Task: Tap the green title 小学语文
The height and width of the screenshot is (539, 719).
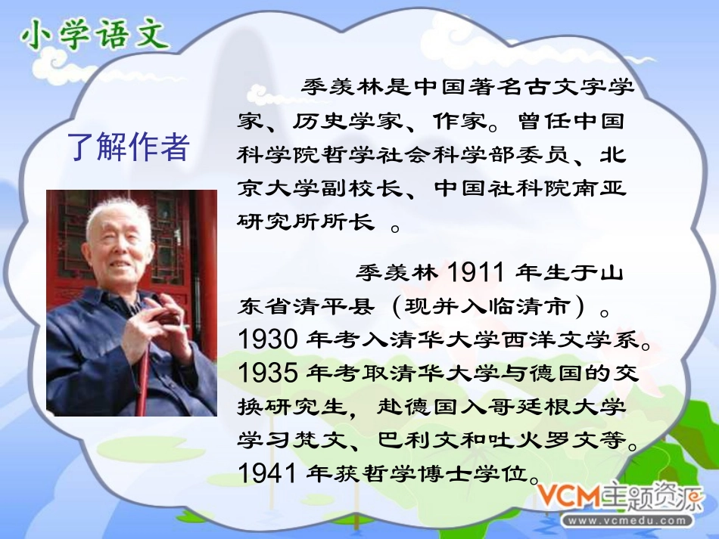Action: [x=94, y=35]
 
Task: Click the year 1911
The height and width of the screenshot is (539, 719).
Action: [x=478, y=271]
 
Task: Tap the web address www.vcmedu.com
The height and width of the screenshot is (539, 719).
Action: [x=628, y=521]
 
